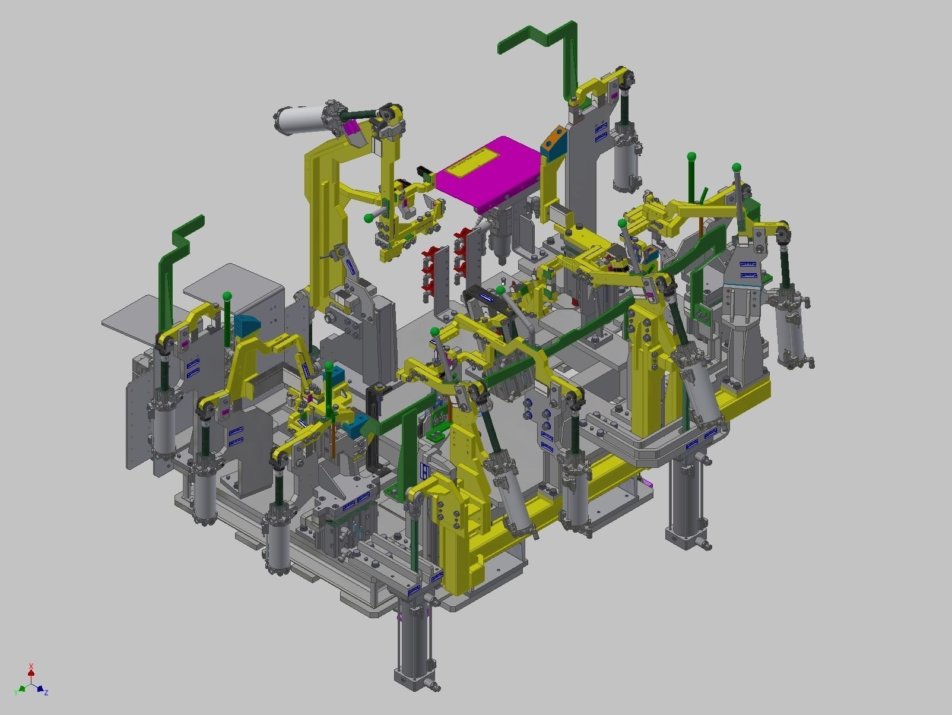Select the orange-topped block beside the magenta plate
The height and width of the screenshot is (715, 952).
coord(553,145)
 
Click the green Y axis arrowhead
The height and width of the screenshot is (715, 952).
coord(21,689)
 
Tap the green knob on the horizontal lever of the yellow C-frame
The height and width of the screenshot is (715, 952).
coord(369,217)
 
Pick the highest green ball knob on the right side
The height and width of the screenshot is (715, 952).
coord(691,157)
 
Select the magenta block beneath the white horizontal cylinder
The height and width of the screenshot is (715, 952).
coord(351,128)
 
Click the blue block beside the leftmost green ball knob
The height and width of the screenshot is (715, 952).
coord(246,325)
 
